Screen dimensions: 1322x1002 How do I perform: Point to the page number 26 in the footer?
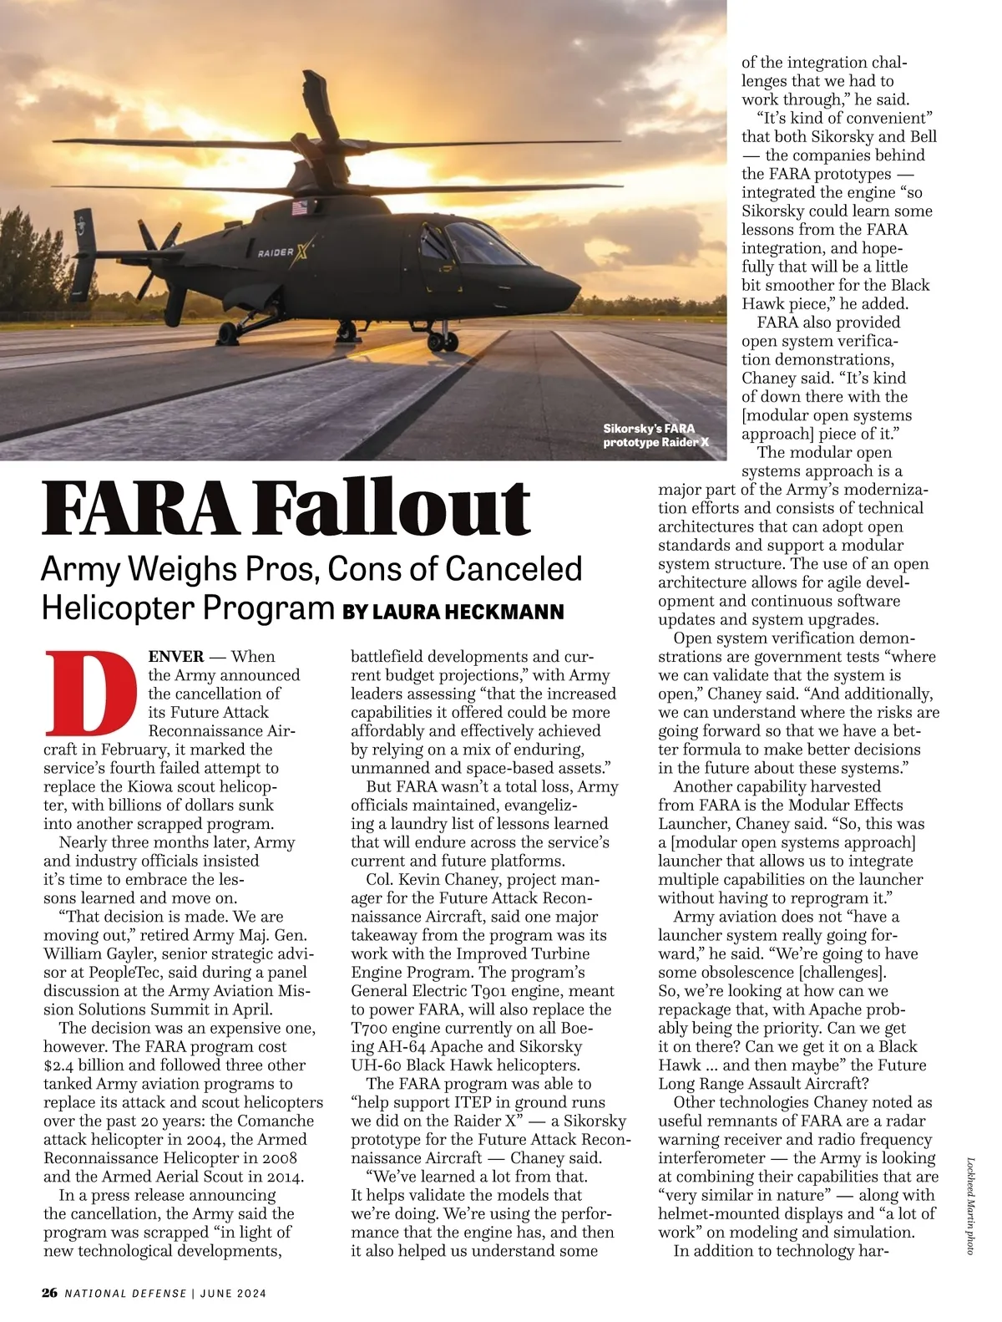[x=50, y=1293]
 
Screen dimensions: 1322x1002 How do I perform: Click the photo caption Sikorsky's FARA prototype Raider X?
[x=655, y=435]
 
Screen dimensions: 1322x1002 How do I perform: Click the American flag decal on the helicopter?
[x=298, y=208]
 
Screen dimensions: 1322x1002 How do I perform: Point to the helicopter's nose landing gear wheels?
[x=443, y=340]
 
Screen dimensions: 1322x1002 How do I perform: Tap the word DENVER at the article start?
[x=176, y=657]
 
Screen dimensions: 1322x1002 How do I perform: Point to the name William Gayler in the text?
[x=96, y=954]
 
